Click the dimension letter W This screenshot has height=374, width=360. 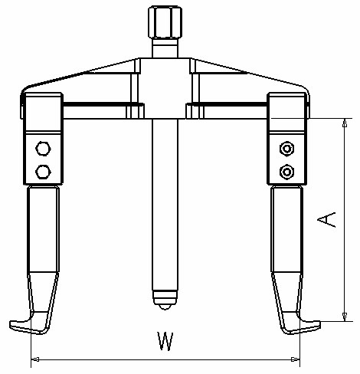[163, 340]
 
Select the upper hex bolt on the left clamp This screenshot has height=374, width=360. [44, 148]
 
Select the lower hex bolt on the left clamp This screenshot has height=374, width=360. [44, 170]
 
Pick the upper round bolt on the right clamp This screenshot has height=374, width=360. [286, 148]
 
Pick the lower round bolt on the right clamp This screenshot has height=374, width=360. [286, 170]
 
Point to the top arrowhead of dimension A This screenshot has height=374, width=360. [346, 123]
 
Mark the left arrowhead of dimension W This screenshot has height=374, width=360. [35, 359]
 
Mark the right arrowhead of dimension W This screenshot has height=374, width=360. [296, 359]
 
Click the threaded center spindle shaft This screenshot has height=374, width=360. [165, 199]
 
